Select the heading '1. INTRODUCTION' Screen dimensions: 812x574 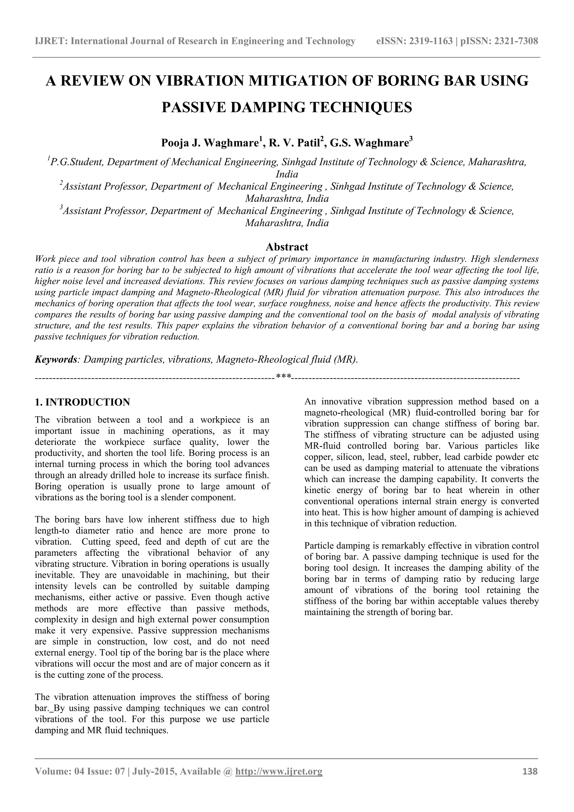click(82, 402)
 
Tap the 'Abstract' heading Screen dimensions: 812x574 click(287, 246)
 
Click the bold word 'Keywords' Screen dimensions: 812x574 click(56, 360)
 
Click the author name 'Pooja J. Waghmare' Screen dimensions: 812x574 click(209, 143)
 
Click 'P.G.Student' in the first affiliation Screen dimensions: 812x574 click(77, 162)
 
